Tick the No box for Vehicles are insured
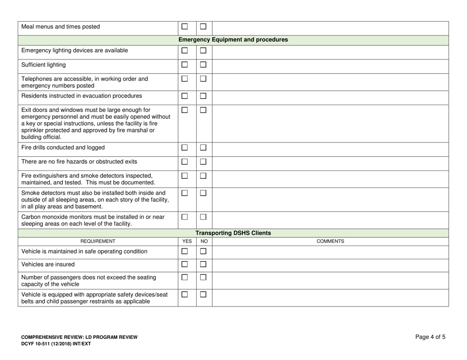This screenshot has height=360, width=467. pos(204,265)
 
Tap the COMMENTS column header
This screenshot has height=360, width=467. pos(330,242)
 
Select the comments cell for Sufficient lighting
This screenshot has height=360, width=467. pos(330,66)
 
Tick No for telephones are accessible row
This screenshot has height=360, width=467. pos(204,80)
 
